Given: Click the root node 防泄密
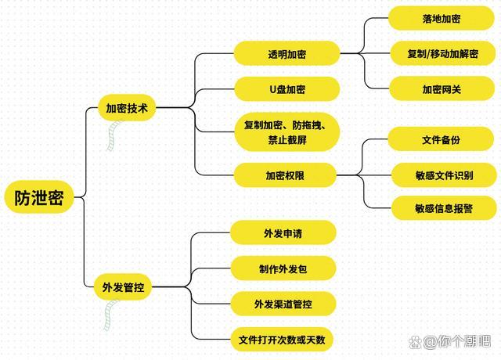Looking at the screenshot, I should coord(38,198).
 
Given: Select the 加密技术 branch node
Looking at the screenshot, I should coord(127,108).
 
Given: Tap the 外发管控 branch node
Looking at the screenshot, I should coord(123,287).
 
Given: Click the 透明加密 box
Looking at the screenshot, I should coord(287,54).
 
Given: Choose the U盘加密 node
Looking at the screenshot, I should coord(287,89).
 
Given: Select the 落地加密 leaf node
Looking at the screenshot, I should coord(442,18).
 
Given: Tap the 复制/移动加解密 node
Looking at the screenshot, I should coord(442,54).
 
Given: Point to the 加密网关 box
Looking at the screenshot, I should coord(442,89).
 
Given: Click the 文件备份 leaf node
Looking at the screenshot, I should coord(442,139).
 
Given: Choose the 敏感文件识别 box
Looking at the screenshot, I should coord(443,175).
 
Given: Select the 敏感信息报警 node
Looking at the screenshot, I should coord(443,209).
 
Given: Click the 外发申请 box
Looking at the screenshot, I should coord(283,233).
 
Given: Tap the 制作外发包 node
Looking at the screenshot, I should coord(283,268).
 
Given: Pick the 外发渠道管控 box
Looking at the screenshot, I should coord(283,304).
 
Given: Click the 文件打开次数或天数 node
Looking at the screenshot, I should coord(283,340).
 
